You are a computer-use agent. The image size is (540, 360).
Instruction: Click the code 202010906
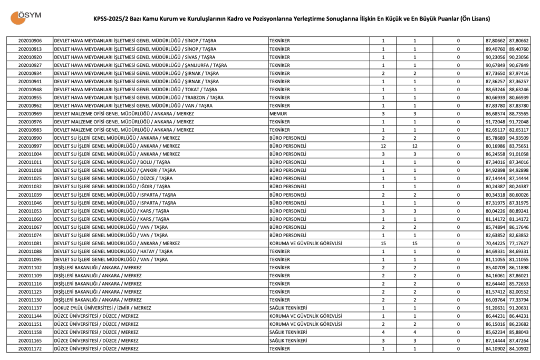[30, 41]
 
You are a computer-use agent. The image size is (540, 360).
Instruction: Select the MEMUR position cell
[278, 113]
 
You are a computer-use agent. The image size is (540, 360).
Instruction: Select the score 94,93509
[519, 138]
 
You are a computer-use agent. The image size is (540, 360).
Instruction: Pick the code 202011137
[30, 308]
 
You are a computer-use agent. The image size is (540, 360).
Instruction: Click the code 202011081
[30, 243]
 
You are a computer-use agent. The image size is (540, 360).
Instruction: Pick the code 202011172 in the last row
[30, 349]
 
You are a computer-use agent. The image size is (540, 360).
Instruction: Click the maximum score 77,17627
[519, 243]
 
